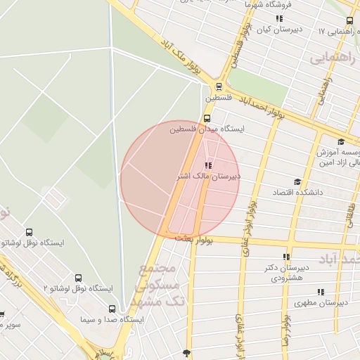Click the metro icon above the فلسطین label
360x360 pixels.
[219, 87]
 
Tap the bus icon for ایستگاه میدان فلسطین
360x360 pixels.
[207, 118]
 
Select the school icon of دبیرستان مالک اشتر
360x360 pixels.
[207, 165]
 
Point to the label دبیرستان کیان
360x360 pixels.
[278, 30]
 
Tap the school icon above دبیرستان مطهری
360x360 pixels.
[321, 291]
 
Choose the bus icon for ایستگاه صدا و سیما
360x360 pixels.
[112, 309]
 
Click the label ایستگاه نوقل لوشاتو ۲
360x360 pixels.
[78, 288]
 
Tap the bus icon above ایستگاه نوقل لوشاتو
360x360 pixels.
[29, 232]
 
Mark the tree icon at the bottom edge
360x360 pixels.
[186, 353]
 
